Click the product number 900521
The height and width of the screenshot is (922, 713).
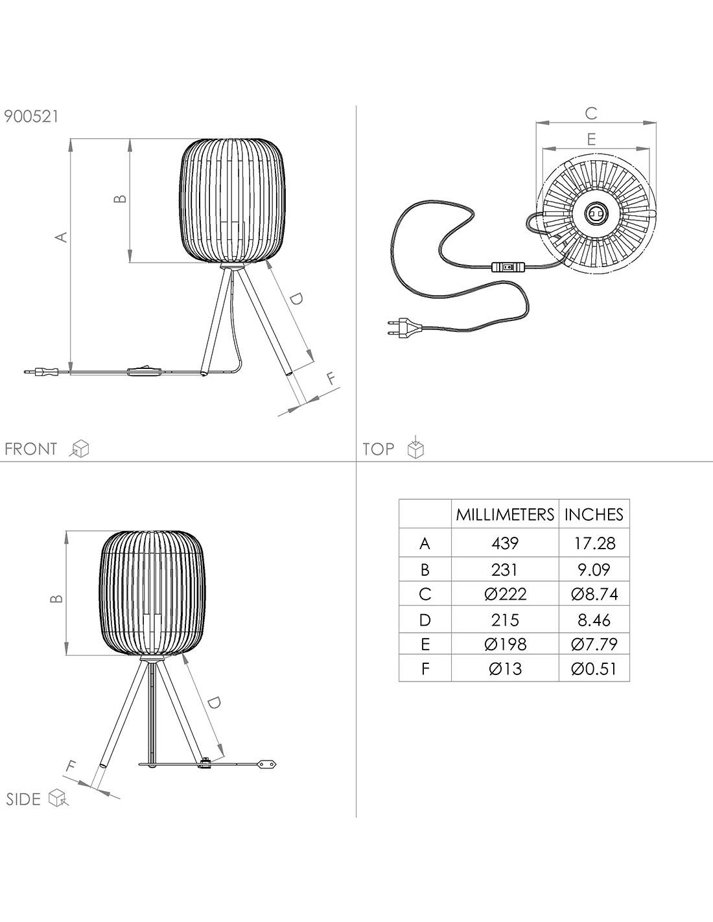31,116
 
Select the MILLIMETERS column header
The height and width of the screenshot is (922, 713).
505,515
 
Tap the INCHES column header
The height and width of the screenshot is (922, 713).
594,515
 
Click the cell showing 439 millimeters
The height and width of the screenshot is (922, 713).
505,543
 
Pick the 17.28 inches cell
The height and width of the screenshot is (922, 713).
594,543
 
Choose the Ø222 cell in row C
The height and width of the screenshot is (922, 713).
505,594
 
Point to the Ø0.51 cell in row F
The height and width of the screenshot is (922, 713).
593,669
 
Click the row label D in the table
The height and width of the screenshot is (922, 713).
425,621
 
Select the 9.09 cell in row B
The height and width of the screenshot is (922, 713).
594,570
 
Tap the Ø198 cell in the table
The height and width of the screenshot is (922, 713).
505,644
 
